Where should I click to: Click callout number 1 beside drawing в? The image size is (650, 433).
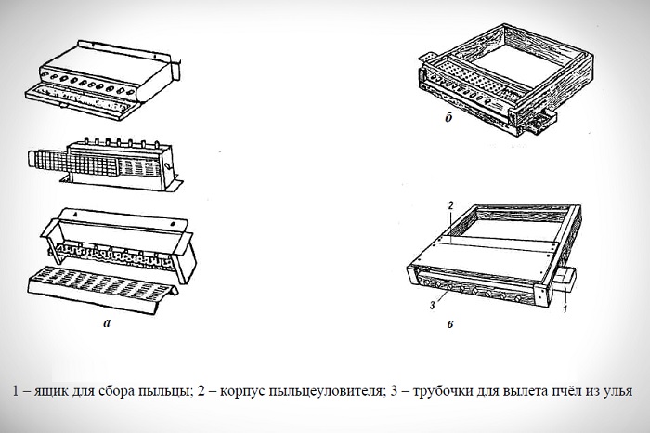point(565,314)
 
